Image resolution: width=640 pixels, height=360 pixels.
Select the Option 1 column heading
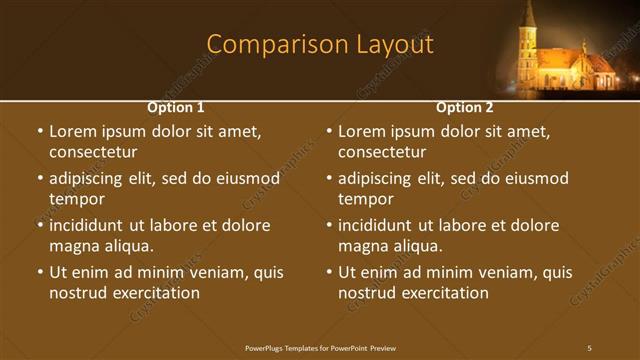click(x=176, y=107)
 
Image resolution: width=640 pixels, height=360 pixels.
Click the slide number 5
click(x=590, y=347)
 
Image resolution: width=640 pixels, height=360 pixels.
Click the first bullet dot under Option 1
click(x=40, y=131)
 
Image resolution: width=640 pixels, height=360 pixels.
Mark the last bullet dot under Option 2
click(x=329, y=272)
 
